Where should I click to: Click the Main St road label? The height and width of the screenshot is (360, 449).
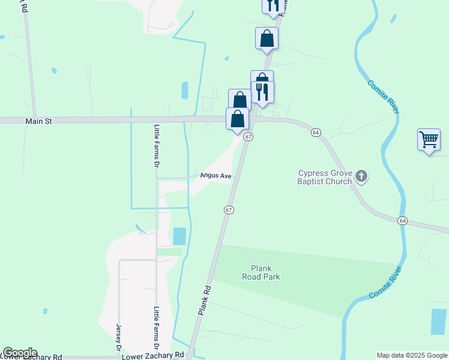pyautogui.click(x=39, y=121)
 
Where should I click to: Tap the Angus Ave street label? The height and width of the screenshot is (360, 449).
pyautogui.click(x=215, y=176)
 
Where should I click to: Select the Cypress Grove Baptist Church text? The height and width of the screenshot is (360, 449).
pyautogui.click(x=325, y=178)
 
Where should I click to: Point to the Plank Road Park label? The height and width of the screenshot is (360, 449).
pyautogui.click(x=261, y=273)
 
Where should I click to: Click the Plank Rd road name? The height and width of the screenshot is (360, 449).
pyautogui.click(x=205, y=301)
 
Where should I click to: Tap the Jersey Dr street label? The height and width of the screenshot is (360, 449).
pyautogui.click(x=118, y=337)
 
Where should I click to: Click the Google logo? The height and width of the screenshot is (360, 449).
pyautogui.click(x=20, y=353)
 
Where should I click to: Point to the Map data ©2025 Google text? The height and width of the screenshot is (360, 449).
pyautogui.click(x=412, y=355)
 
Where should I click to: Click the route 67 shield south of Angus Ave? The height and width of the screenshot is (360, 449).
pyautogui.click(x=229, y=210)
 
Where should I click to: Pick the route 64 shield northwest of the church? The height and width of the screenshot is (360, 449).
pyautogui.click(x=316, y=132)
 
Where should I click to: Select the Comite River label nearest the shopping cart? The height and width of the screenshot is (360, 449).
pyautogui.click(x=382, y=96)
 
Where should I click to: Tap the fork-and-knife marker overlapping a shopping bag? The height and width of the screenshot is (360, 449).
pyautogui.click(x=262, y=91)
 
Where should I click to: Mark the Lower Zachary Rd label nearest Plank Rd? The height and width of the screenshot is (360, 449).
pyautogui.click(x=153, y=356)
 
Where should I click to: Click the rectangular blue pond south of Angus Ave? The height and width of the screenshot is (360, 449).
pyautogui.click(x=179, y=236)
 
